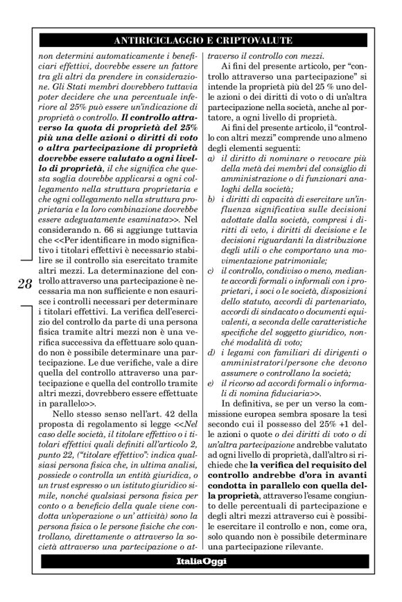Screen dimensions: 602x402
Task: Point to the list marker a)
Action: (x=210, y=177)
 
